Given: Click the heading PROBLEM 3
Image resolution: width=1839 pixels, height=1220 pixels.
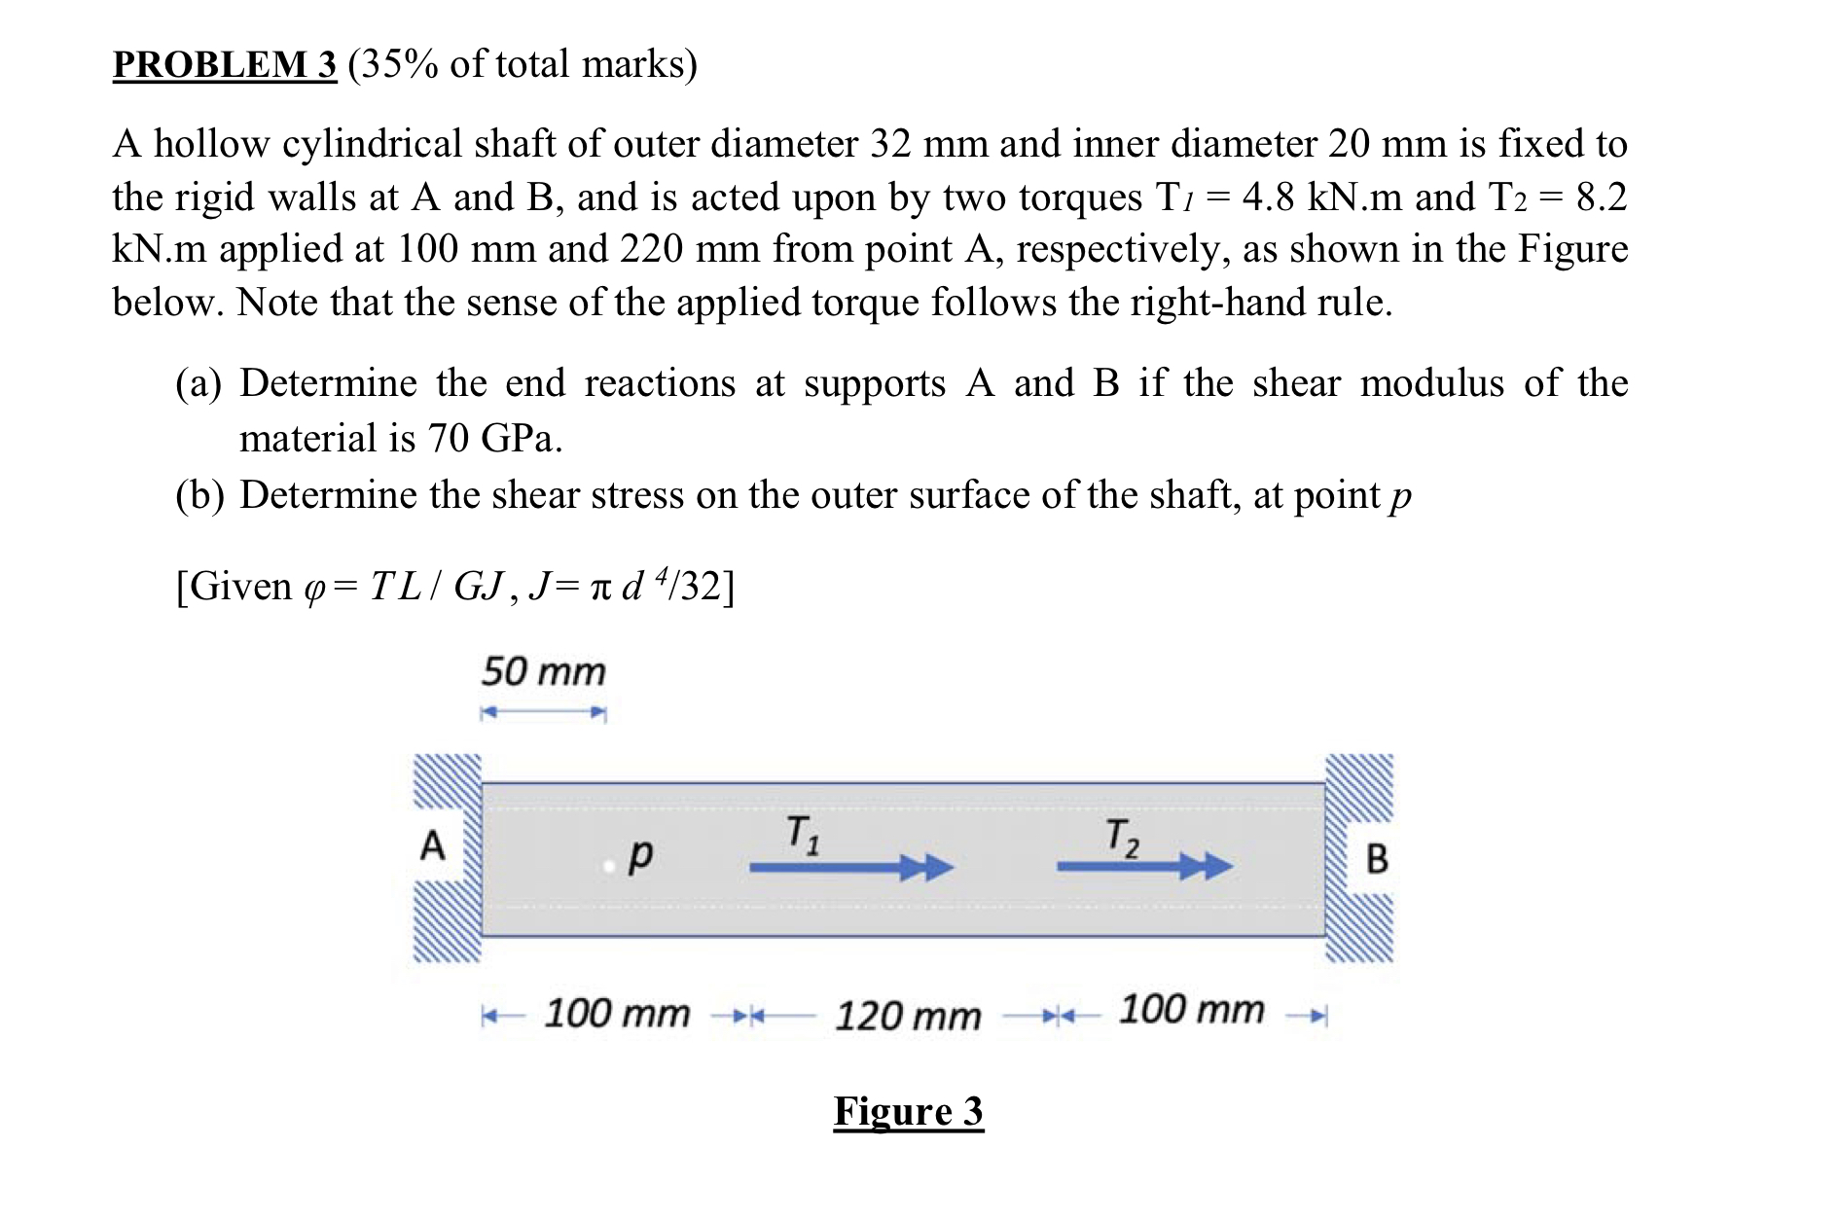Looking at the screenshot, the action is coord(225,64).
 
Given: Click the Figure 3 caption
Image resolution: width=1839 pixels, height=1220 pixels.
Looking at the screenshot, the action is coord(908,1111).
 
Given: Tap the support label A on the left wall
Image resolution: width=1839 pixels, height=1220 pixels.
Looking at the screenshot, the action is coord(432,844).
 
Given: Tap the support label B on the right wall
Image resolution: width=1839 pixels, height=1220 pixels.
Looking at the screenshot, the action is coord(1377,859).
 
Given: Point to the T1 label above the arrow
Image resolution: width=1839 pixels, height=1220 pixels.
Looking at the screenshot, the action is coord(803,835).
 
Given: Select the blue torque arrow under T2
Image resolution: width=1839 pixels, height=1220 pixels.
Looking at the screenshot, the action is coord(1143,866).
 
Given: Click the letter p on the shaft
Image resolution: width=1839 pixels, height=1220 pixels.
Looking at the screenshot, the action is coord(639,855).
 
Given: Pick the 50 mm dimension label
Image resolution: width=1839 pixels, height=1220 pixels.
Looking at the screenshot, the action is coord(543,671).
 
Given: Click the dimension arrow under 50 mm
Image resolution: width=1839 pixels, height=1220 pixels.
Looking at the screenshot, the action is coord(543,713).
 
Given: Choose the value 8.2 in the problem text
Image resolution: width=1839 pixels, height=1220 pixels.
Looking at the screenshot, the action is coord(1601,197).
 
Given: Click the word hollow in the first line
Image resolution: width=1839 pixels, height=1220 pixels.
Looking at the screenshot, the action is coord(211,144).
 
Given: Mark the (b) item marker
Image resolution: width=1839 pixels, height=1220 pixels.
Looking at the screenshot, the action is coord(199,495).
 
